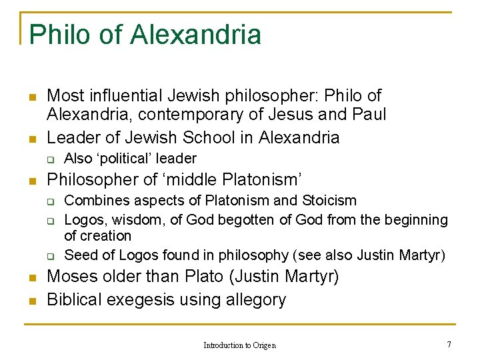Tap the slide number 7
coord(449,344)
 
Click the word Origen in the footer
coord(264,345)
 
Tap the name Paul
coord(369,114)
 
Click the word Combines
coord(93,200)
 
